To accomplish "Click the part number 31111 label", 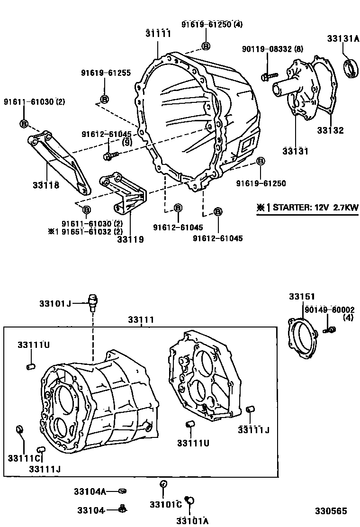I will [158, 33].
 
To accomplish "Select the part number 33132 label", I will [330, 130].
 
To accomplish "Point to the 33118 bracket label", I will [46, 185].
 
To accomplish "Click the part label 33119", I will [130, 239].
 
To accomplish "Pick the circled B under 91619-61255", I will [104, 99].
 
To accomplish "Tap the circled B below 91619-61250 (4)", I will [206, 46].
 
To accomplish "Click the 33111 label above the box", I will [141, 320].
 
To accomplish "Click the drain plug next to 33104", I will [122, 509].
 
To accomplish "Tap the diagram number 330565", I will [332, 511].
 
